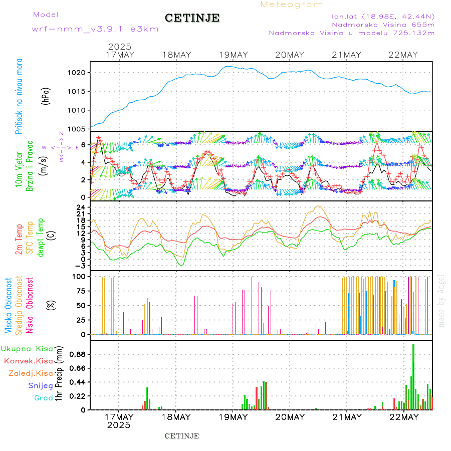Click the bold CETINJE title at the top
click(x=192, y=18)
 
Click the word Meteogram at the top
click(x=292, y=5)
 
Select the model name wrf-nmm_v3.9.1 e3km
click(x=95, y=29)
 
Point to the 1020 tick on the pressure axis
click(x=81, y=73)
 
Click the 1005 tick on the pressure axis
click(x=81, y=129)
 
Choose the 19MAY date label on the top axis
click(x=233, y=55)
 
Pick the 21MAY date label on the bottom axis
click(x=346, y=417)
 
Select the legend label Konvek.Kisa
click(x=28, y=361)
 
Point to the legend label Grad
click(x=44, y=398)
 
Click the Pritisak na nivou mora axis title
click(x=19, y=96)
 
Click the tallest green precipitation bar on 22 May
click(x=413, y=376)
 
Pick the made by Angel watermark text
click(x=441, y=301)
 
